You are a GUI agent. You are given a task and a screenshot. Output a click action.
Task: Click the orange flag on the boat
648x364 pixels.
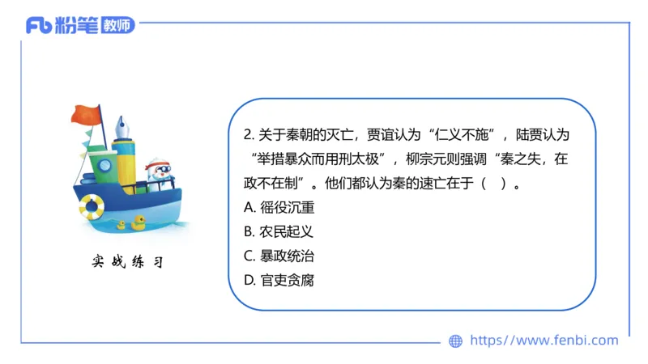point(85,116)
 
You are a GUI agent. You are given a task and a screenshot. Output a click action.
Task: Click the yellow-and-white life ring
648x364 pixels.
point(92,207)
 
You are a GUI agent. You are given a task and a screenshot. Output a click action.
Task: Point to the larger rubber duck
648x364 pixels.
point(139,222)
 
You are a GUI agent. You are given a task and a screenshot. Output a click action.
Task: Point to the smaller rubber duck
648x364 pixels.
point(122,226)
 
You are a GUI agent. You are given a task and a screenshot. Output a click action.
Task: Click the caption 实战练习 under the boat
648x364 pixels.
point(127,263)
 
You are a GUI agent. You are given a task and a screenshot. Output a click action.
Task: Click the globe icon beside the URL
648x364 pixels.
point(456,341)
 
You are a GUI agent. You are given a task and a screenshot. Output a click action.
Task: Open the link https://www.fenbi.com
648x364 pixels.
point(544,341)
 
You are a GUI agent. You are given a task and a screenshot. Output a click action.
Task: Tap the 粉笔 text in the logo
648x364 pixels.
point(77,26)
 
